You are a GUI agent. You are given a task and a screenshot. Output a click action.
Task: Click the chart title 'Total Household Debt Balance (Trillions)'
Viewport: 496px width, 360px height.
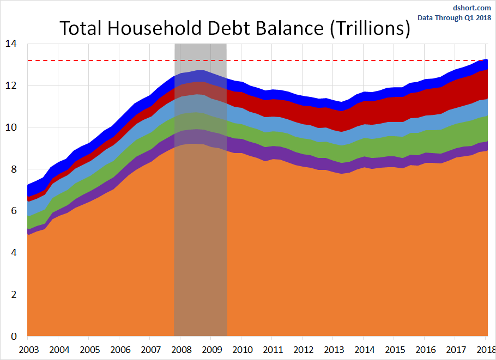pyautogui.click(x=234, y=28)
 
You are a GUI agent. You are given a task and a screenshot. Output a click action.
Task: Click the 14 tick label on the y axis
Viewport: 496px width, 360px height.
pyautogui.click(x=11, y=44)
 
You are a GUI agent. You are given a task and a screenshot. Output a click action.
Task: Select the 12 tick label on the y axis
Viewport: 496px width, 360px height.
pyautogui.click(x=11, y=86)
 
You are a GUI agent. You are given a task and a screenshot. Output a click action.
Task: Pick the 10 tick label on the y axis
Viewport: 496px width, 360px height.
pyautogui.click(x=11, y=127)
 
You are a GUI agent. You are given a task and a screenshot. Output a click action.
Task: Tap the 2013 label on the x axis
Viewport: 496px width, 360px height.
pyautogui.click(x=334, y=349)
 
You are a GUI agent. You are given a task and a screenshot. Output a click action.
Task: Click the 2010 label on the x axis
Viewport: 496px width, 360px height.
pyautogui.click(x=242, y=349)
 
